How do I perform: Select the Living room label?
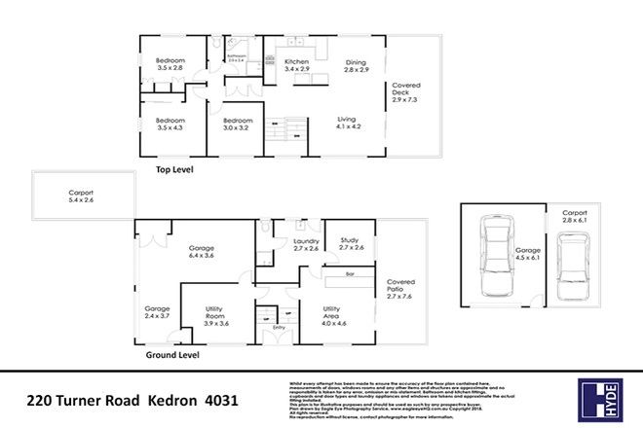[348, 123]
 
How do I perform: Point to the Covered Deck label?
[404, 93]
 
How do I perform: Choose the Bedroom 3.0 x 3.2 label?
[237, 124]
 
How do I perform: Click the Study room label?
[351, 244]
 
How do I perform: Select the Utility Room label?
[215, 313]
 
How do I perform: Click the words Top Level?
[175, 170]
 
